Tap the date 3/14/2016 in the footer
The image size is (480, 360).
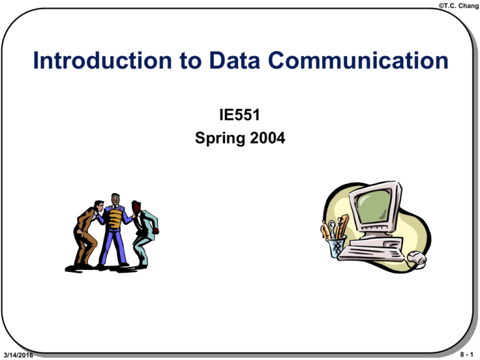click(18, 355)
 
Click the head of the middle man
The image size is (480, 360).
click(114, 201)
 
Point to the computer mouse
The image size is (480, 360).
click(416, 257)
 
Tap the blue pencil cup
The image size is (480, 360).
click(337, 246)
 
